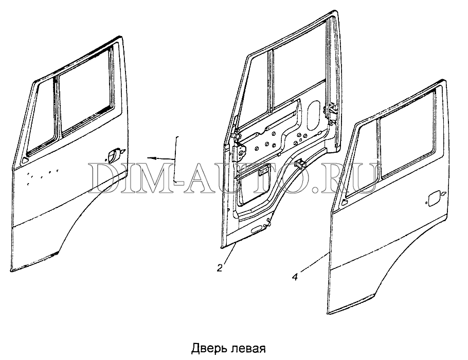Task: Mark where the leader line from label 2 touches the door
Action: pos(236,244)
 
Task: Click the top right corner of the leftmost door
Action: pos(122,37)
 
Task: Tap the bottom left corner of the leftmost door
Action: pos(11,271)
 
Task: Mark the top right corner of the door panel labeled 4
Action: pos(445,80)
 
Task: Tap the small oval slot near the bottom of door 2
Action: pos(256,230)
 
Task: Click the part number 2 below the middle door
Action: pos(220,268)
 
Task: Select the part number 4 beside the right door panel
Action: pos(295,277)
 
